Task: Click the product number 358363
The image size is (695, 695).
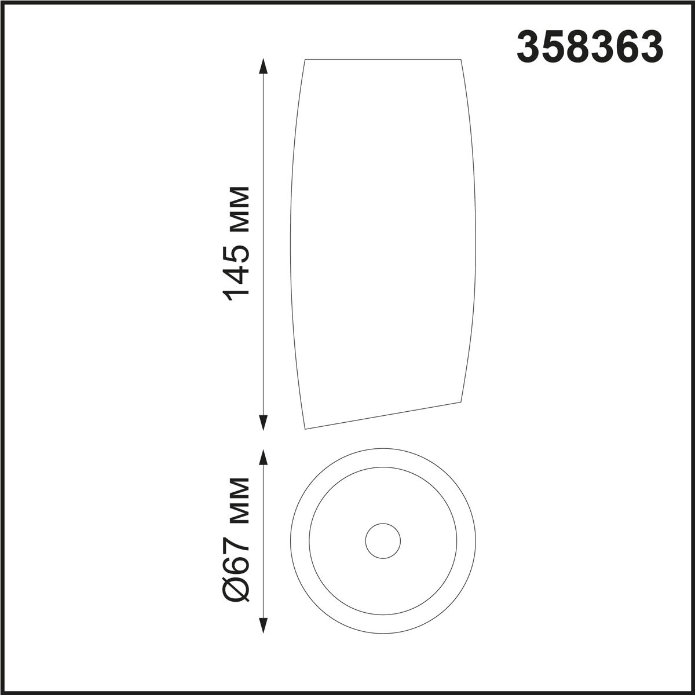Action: pos(590,47)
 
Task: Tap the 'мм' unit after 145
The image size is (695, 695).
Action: pos(237,207)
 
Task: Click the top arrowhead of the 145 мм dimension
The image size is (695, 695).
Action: pos(265,65)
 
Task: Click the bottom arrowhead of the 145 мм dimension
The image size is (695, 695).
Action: pos(265,423)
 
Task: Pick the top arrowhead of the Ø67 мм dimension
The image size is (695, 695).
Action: pos(265,457)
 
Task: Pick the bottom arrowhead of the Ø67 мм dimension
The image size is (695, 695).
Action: pos(265,626)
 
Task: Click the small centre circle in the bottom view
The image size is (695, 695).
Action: pos(383,541)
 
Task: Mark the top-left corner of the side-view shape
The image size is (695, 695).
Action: pos(305,60)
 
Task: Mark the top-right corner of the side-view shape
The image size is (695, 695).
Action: pos(462,60)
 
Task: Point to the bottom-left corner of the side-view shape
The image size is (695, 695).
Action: pos(305,429)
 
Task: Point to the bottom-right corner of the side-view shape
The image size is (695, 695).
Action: pos(462,401)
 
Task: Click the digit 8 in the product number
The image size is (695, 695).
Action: pos(590,47)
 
